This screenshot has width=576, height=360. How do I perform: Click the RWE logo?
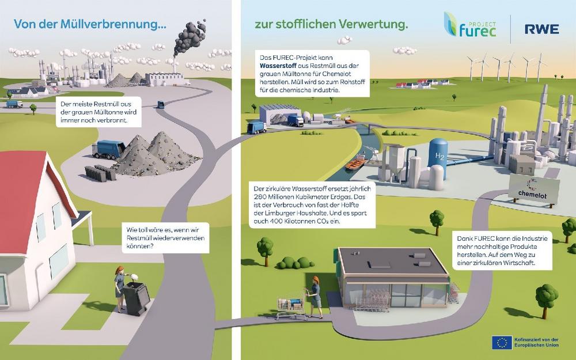pyautogui.click(x=542, y=29)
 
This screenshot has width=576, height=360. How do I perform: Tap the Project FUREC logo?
pyautogui.click(x=470, y=24)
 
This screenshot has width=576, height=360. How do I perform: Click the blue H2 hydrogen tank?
pyautogui.click(x=438, y=157)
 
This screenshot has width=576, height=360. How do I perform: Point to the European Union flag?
pyautogui.click(x=502, y=342)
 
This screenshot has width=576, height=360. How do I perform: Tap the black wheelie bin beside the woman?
pyautogui.click(x=137, y=298)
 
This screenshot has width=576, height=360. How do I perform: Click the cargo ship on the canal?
pyautogui.click(x=356, y=162)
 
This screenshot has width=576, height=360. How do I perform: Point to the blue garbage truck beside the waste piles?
pyautogui.click(x=109, y=150)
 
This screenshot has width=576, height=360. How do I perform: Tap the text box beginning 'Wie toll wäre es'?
pyautogui.click(x=165, y=238)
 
